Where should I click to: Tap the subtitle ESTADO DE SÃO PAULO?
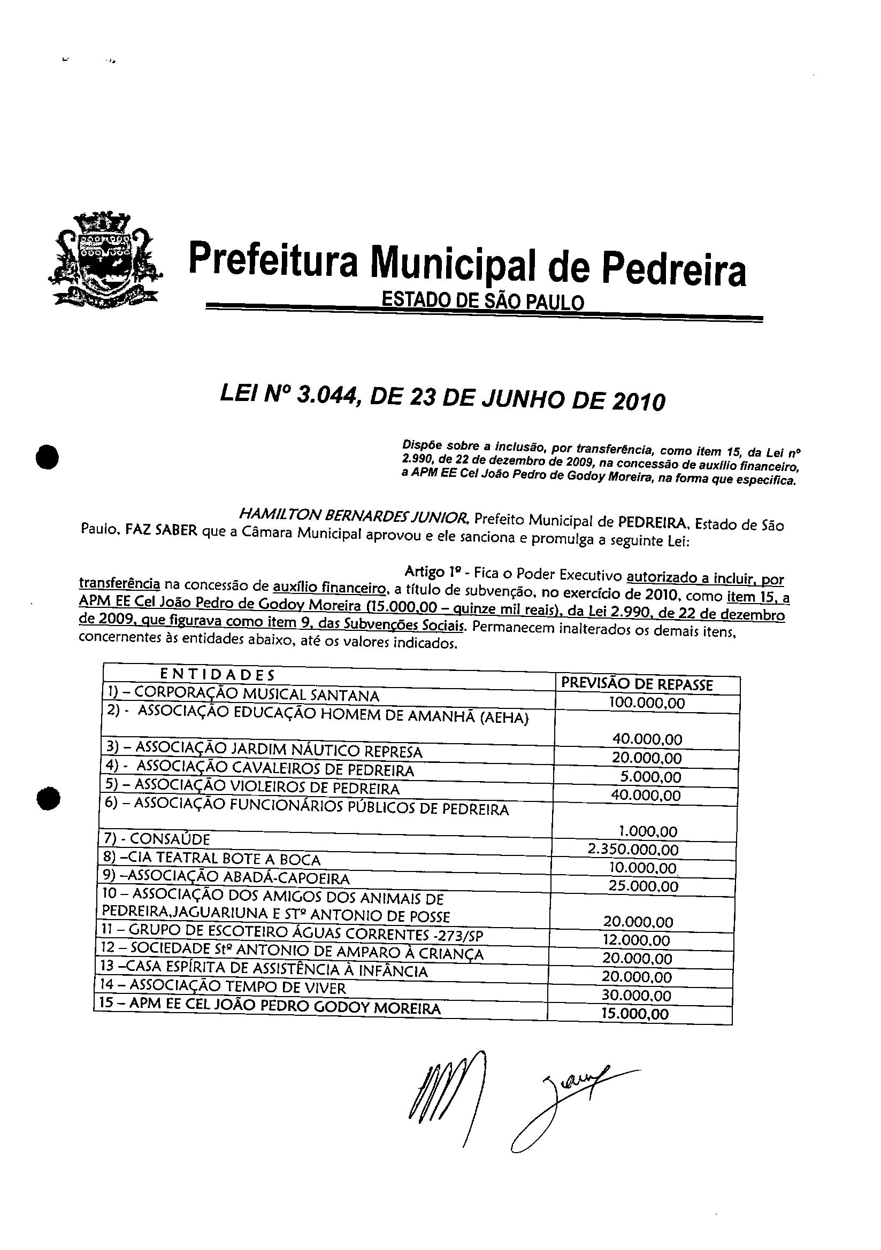[482, 301]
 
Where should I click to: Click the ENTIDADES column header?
[218, 675]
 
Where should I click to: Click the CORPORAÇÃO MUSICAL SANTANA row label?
[256, 695]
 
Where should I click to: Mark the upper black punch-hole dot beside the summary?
[48, 456]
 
